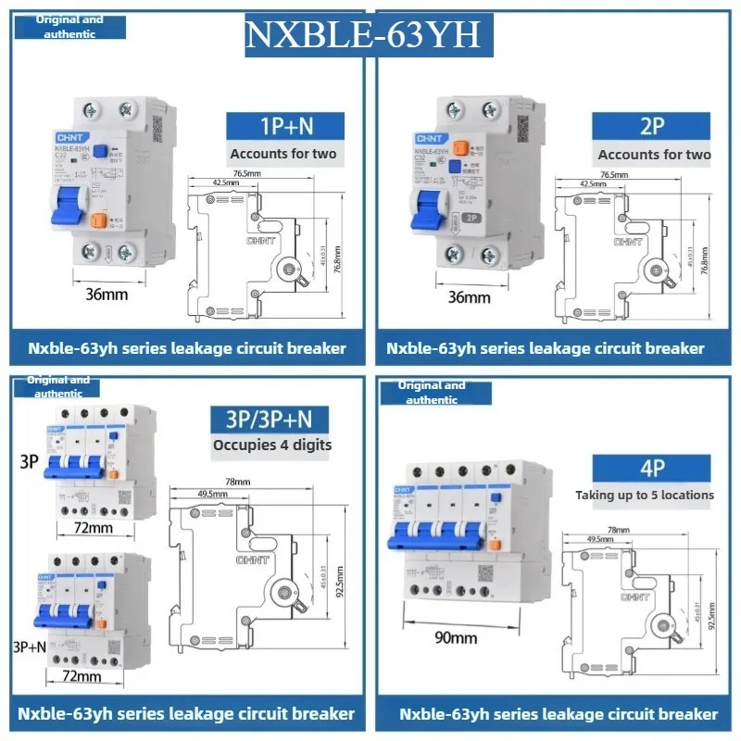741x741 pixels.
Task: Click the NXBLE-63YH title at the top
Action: coord(362,34)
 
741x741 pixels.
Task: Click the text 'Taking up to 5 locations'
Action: coord(645,495)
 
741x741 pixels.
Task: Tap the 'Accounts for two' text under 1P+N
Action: coord(283,155)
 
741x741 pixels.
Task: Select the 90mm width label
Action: coord(457,638)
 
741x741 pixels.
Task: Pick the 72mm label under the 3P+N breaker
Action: coord(81,677)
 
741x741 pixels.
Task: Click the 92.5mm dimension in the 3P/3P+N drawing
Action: coord(349,584)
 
